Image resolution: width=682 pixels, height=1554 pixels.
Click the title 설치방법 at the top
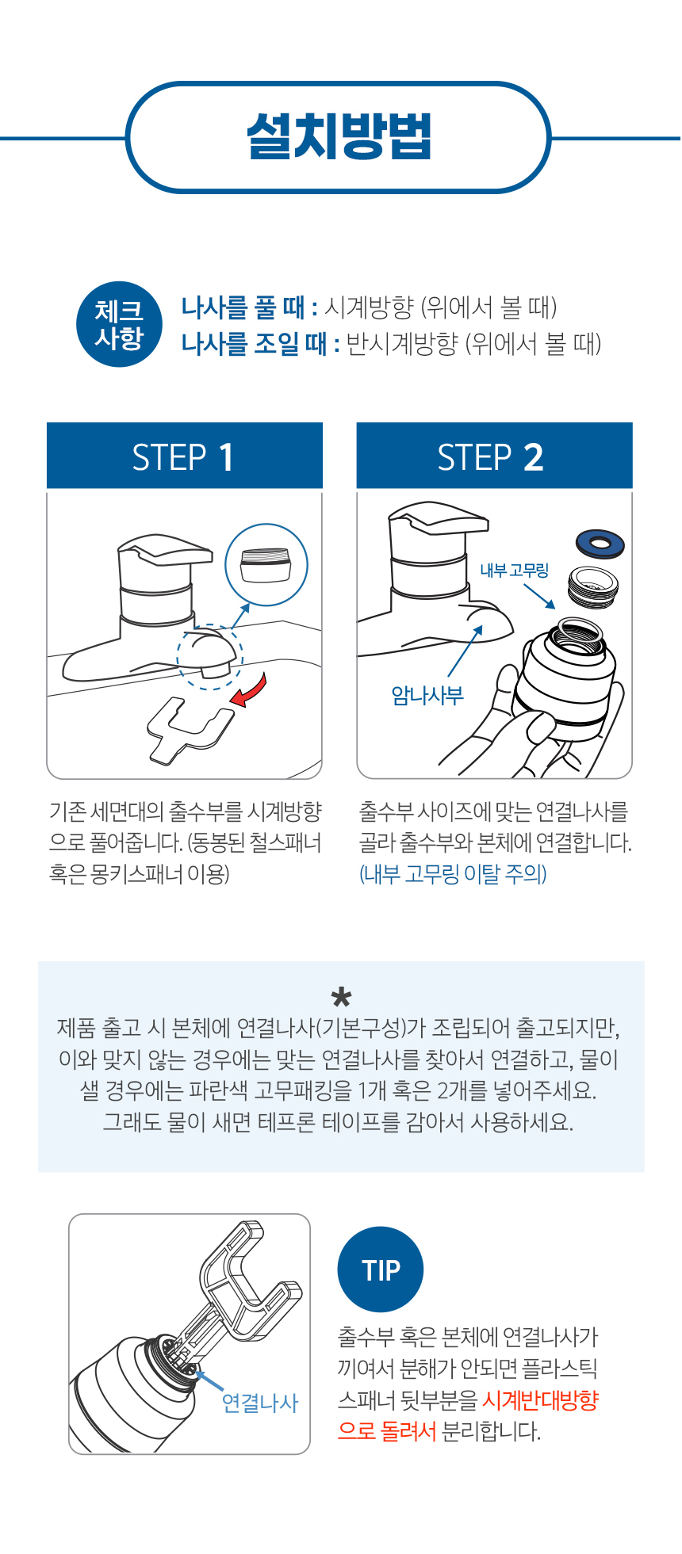coord(339,137)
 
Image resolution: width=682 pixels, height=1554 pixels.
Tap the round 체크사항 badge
coord(119,324)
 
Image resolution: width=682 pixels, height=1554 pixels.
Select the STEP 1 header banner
coord(184,456)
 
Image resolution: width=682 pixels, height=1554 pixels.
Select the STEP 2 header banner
coord(493,456)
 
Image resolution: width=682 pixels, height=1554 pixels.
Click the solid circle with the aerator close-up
coord(266,565)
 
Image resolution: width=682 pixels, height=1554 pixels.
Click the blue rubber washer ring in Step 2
coord(600,544)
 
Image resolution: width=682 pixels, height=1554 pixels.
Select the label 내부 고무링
coord(514,571)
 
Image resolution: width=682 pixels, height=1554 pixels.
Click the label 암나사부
coord(427,696)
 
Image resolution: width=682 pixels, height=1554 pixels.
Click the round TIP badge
coord(381,1270)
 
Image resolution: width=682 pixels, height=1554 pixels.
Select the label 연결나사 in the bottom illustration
coord(259,1403)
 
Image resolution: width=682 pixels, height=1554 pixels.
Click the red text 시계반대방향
coord(540,1400)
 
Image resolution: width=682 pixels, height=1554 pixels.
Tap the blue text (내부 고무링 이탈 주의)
coord(453,874)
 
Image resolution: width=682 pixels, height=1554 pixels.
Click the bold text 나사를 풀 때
coord(249,307)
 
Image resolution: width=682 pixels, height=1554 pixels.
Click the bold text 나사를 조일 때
coord(260,344)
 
